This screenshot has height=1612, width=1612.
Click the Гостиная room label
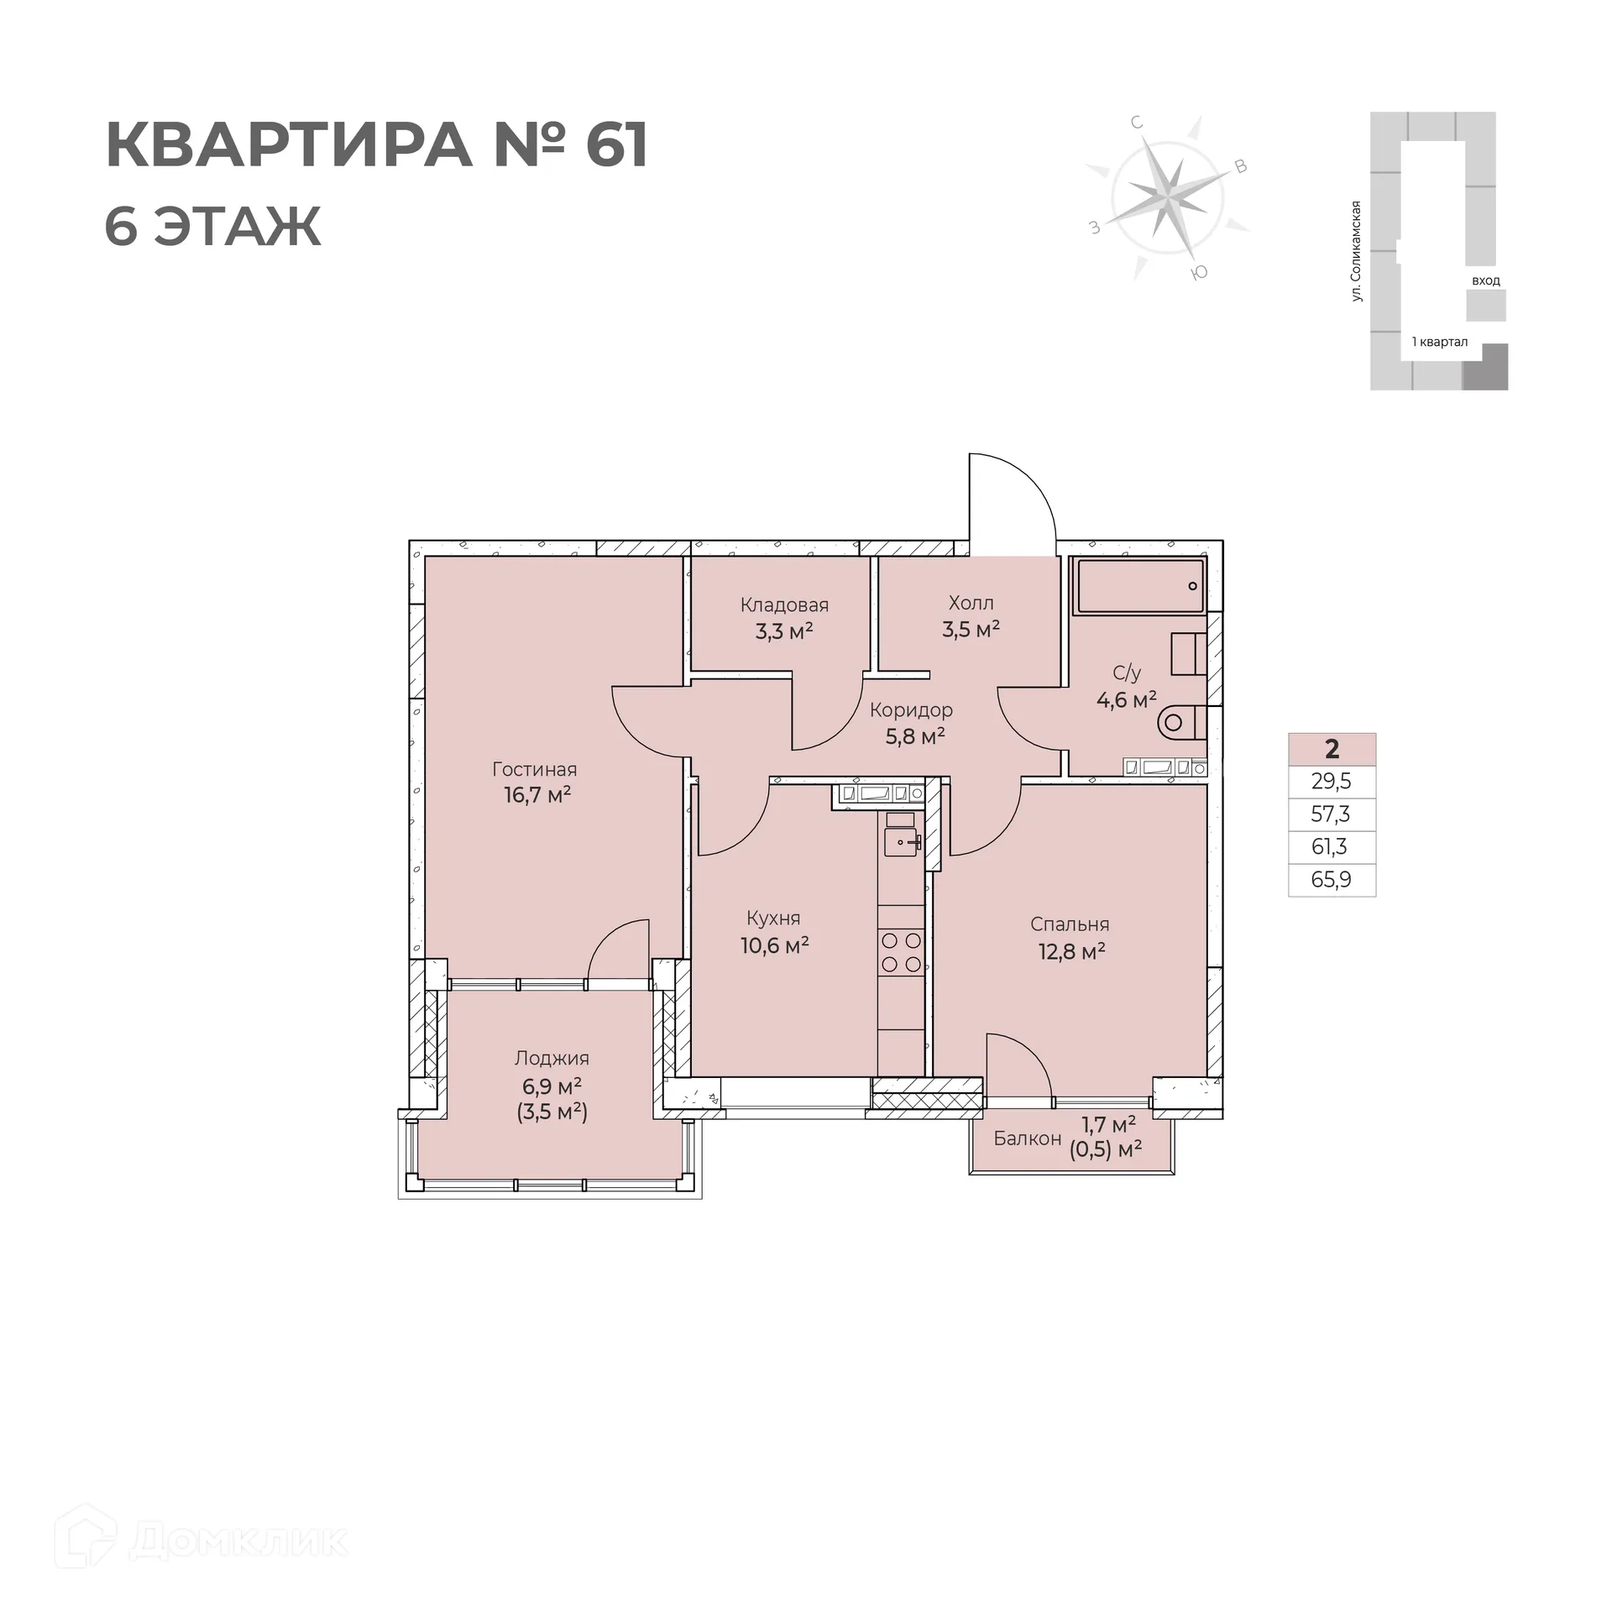click(x=534, y=769)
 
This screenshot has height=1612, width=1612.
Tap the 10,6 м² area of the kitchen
click(x=774, y=946)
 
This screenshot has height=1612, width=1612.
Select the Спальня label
click(x=1070, y=924)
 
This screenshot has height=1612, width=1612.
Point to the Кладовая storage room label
click(x=784, y=604)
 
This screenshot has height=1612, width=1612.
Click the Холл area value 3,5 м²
click(x=971, y=630)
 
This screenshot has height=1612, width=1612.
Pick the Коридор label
click(x=911, y=710)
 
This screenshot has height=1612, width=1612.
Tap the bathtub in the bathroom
click(x=1140, y=586)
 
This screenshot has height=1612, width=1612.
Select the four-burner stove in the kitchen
click(x=901, y=952)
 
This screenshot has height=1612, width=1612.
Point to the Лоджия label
click(x=552, y=1058)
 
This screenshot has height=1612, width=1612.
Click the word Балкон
click(x=1027, y=1138)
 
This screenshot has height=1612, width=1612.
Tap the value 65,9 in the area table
click(x=1331, y=880)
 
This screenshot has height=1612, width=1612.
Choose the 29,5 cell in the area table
click(x=1331, y=782)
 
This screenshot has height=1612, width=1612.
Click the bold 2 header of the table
click(x=1332, y=748)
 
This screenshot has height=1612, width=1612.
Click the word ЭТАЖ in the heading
click(x=238, y=227)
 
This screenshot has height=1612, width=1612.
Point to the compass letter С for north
click(x=1137, y=123)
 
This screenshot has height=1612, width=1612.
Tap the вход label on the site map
click(x=1485, y=280)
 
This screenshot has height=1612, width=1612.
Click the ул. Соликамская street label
click(x=1355, y=250)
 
